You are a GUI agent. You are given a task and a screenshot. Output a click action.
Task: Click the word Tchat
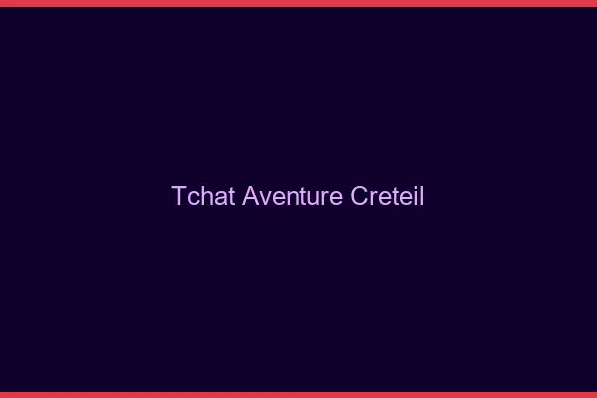pyautogui.click(x=203, y=196)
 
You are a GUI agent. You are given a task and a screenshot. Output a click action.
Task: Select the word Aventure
pyautogui.click(x=293, y=196)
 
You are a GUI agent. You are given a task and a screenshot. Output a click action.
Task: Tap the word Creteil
pyautogui.click(x=388, y=196)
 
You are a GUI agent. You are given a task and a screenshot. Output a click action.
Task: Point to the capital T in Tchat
pyautogui.click(x=179, y=196)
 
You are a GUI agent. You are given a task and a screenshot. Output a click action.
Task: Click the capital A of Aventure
pyautogui.click(x=250, y=196)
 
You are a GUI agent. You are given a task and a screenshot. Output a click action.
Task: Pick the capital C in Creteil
pyautogui.click(x=360, y=196)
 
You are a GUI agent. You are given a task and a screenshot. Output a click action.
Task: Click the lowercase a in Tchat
pyautogui.click(x=219, y=197)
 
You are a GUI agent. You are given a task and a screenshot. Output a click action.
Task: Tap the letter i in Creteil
pyautogui.click(x=416, y=196)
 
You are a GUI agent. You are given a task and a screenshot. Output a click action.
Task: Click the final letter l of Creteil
pyautogui.click(x=422, y=196)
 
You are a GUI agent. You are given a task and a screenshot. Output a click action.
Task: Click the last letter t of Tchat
pyautogui.click(x=230, y=196)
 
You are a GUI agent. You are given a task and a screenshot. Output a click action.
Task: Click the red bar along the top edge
pyautogui.click(x=298, y=3)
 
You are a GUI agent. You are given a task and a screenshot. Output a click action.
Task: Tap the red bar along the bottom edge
pyautogui.click(x=298, y=394)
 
